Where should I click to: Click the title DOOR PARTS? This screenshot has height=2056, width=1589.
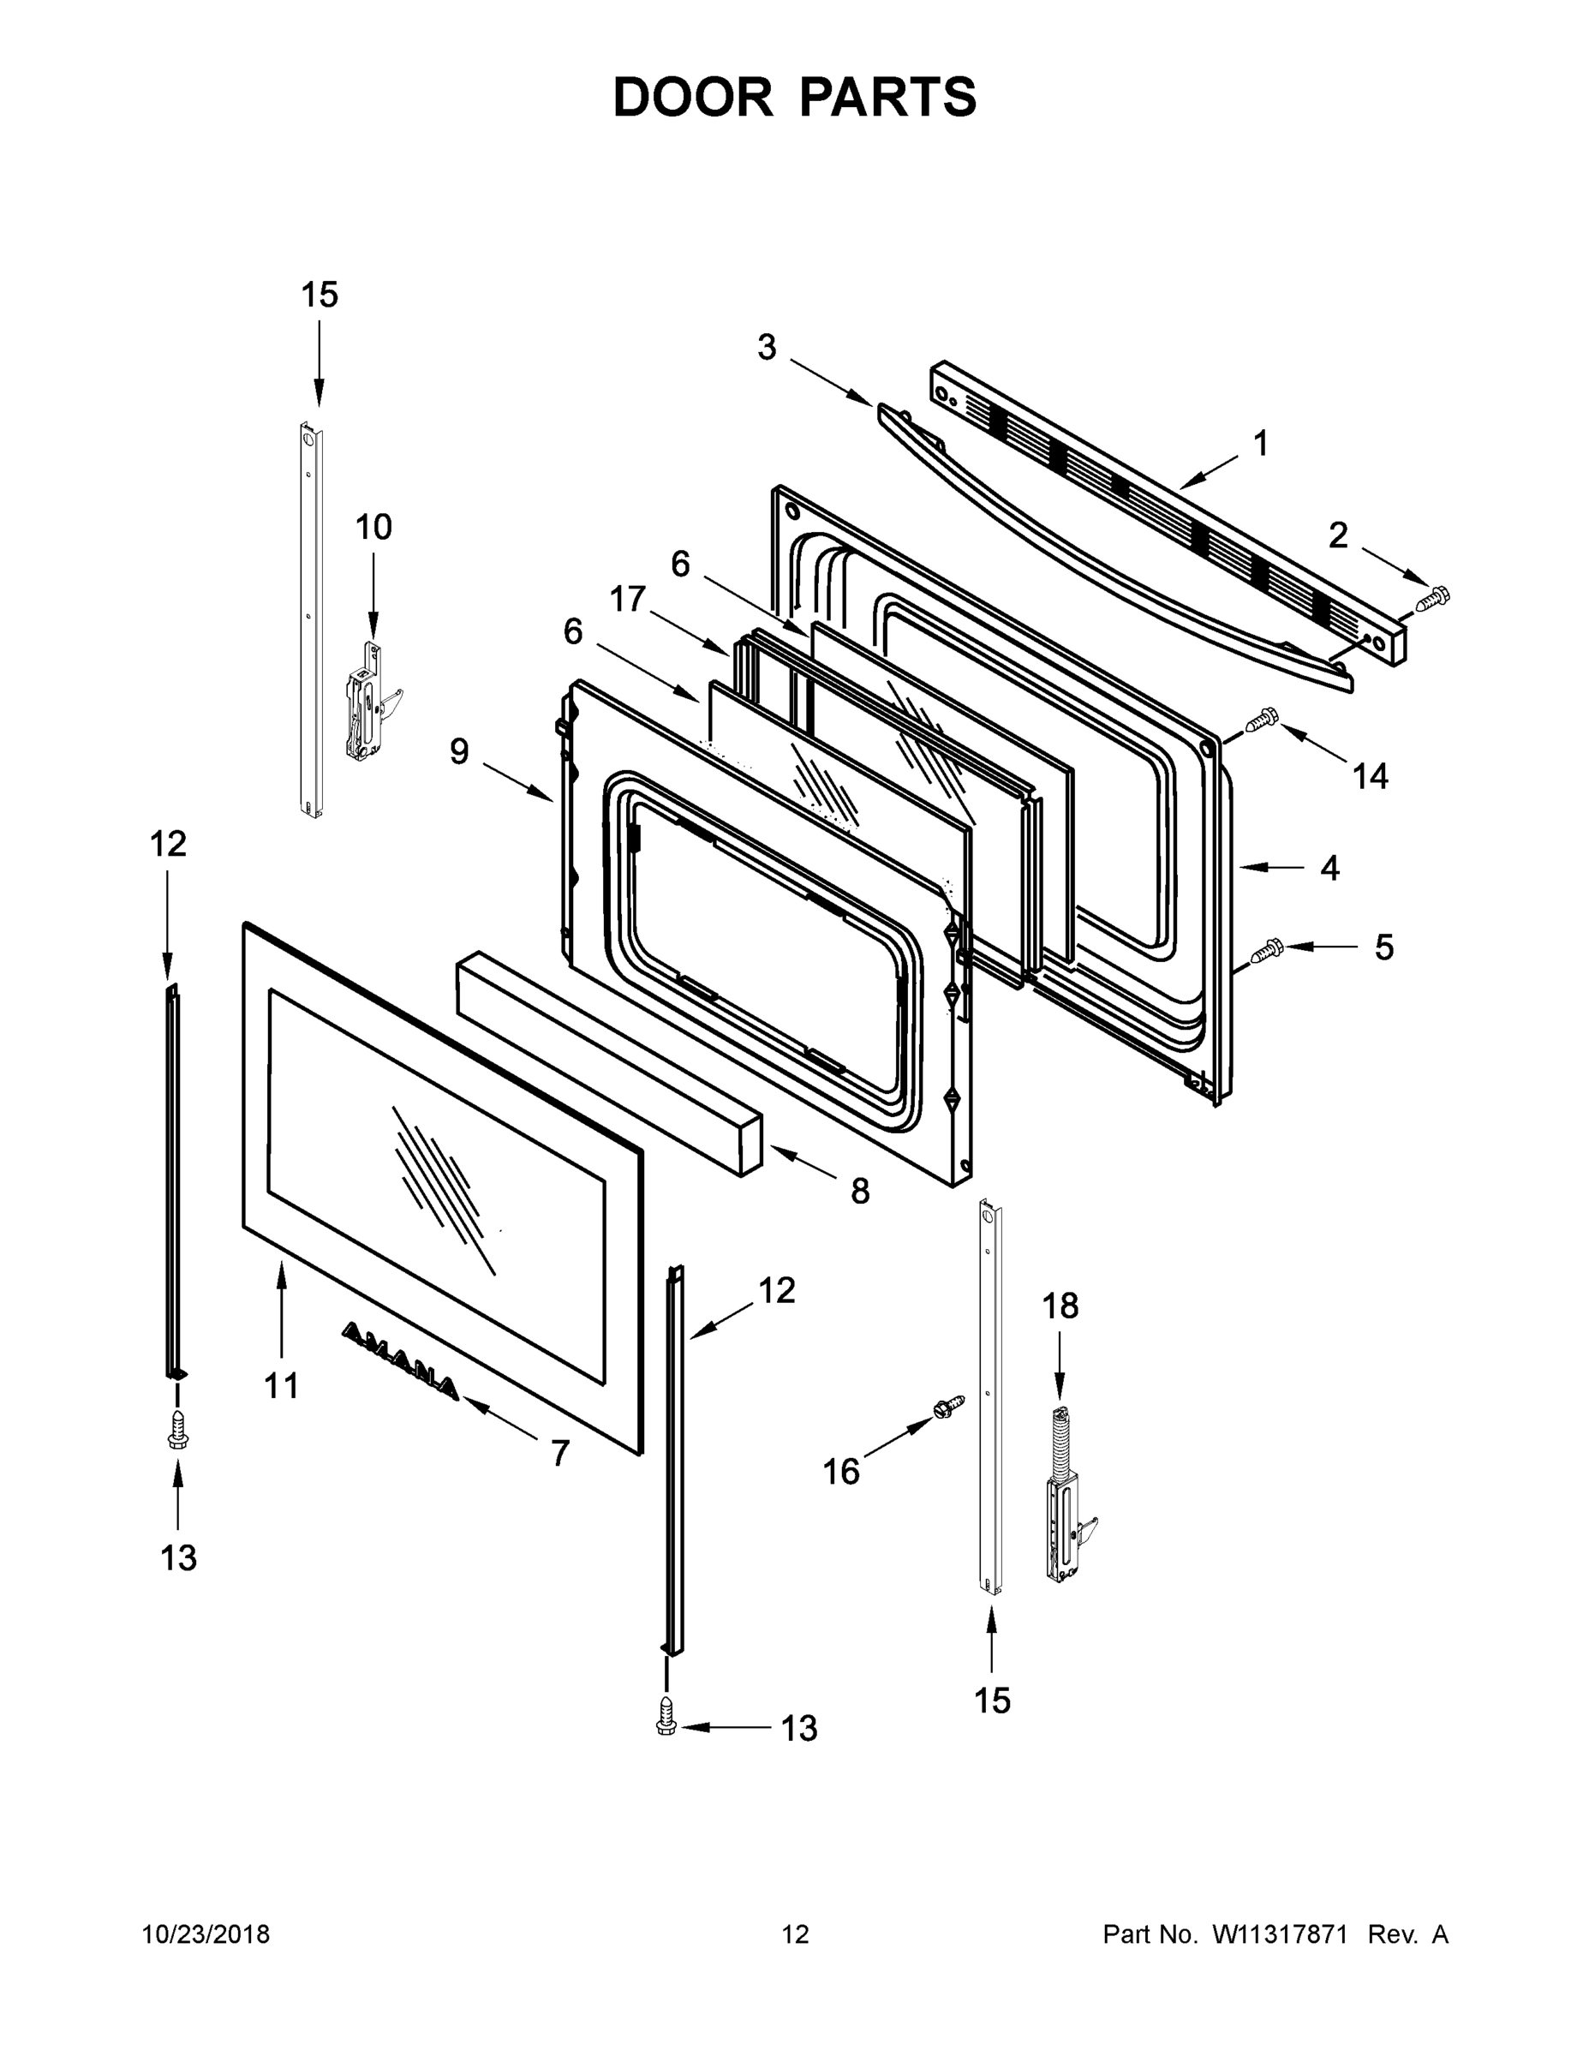point(795,98)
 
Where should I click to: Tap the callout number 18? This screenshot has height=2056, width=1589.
point(1059,1306)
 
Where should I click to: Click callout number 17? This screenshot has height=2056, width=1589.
point(627,599)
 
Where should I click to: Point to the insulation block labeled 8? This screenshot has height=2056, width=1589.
point(608,1062)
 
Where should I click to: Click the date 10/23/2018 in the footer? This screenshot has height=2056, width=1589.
point(206,1934)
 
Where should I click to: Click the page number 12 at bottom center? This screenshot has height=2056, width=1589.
point(795,1934)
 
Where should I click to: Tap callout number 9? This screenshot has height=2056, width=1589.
point(458,751)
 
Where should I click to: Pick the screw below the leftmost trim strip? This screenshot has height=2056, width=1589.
point(177,1431)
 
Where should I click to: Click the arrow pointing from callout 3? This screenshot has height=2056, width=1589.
point(829,381)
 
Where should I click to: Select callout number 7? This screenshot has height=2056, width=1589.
point(560,1454)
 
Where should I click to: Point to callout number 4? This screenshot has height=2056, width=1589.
point(1329,868)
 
